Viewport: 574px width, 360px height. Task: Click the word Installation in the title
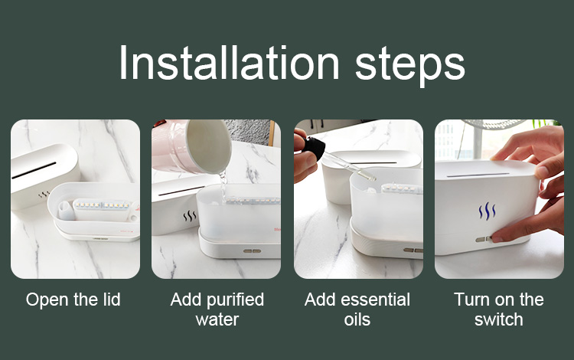(x=230, y=63)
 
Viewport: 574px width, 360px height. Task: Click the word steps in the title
(x=410, y=67)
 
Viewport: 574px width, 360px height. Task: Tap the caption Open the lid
(x=73, y=299)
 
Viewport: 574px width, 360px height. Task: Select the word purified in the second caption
(x=235, y=299)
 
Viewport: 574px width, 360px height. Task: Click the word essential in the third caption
(x=374, y=299)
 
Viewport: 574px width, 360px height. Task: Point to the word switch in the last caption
(x=498, y=319)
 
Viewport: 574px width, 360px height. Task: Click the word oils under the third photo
(x=357, y=319)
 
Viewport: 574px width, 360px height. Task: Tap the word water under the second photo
(x=217, y=319)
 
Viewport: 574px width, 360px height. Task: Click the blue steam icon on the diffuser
(x=488, y=211)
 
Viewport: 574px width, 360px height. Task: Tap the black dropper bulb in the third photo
(x=314, y=147)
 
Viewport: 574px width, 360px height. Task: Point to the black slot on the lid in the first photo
(x=34, y=170)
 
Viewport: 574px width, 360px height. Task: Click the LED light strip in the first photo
(x=103, y=205)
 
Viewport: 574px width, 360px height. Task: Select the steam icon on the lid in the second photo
(x=190, y=217)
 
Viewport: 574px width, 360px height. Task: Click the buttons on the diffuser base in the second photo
(x=253, y=251)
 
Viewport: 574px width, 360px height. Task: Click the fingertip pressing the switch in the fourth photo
(x=497, y=237)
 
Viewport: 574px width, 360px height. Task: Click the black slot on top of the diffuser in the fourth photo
(x=478, y=175)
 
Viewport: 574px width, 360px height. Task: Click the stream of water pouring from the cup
(x=223, y=187)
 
